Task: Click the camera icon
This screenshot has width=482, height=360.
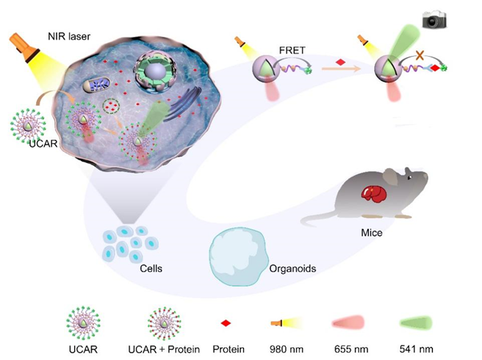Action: (434, 19)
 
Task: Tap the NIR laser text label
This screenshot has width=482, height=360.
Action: (69, 36)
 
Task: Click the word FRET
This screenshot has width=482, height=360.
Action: (292, 50)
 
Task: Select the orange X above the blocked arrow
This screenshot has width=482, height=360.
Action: (420, 56)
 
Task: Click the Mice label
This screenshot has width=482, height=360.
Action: (372, 232)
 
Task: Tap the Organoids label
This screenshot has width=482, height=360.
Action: (292, 268)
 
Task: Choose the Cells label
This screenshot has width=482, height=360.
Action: (151, 268)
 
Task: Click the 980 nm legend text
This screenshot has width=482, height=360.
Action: (287, 349)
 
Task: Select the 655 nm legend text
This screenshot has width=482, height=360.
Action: (351, 349)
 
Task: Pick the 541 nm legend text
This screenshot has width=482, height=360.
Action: (416, 349)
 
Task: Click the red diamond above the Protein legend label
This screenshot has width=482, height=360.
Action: (226, 323)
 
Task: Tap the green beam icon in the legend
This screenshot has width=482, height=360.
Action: (416, 323)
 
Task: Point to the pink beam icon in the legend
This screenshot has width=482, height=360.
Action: (348, 323)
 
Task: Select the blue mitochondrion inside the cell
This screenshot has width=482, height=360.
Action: (96, 84)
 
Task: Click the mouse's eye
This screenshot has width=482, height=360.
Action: (410, 178)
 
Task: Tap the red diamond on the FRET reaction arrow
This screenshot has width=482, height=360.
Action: (340, 62)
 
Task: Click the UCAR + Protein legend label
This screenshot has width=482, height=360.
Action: (164, 349)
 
